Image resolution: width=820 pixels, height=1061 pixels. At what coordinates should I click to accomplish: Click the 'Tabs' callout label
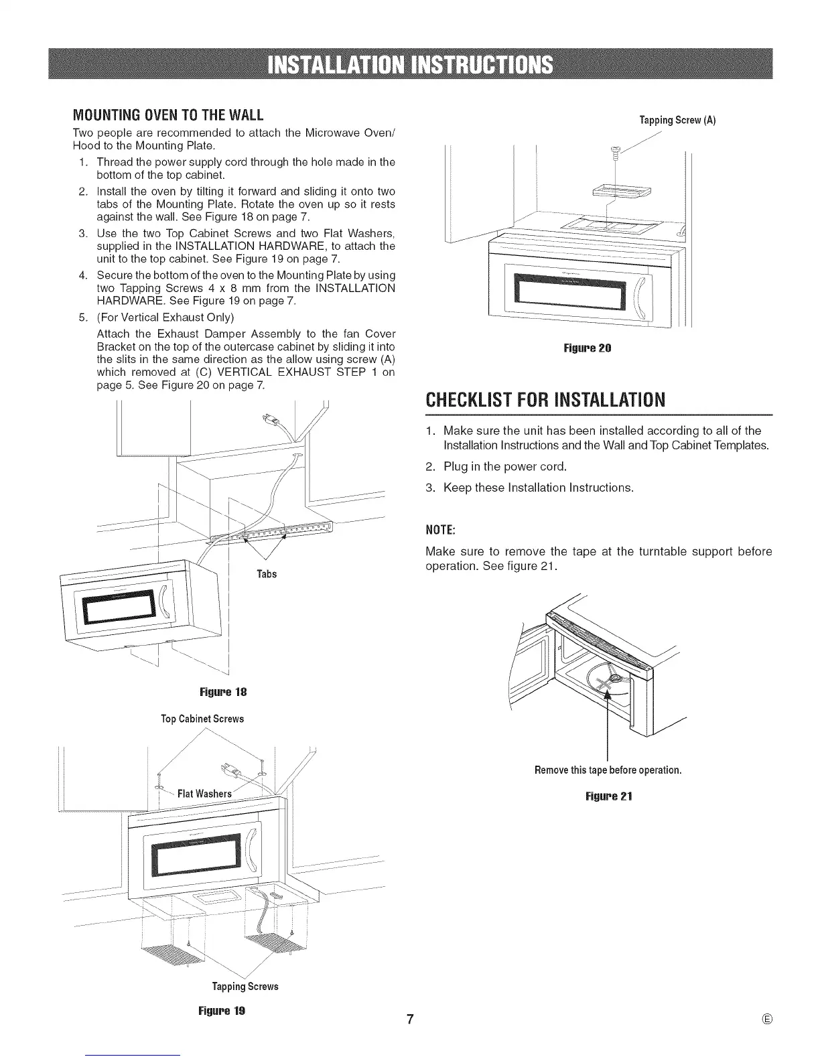[267, 574]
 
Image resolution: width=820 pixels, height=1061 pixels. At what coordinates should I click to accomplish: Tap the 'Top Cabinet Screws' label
[202, 719]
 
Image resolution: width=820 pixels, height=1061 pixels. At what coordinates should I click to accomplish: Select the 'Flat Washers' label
[204, 794]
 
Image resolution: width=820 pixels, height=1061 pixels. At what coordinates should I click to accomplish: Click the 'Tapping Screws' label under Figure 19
[245, 986]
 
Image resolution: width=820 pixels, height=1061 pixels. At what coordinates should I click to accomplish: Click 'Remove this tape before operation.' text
[608, 770]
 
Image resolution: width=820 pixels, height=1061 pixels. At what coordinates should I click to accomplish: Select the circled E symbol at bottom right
[767, 1019]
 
